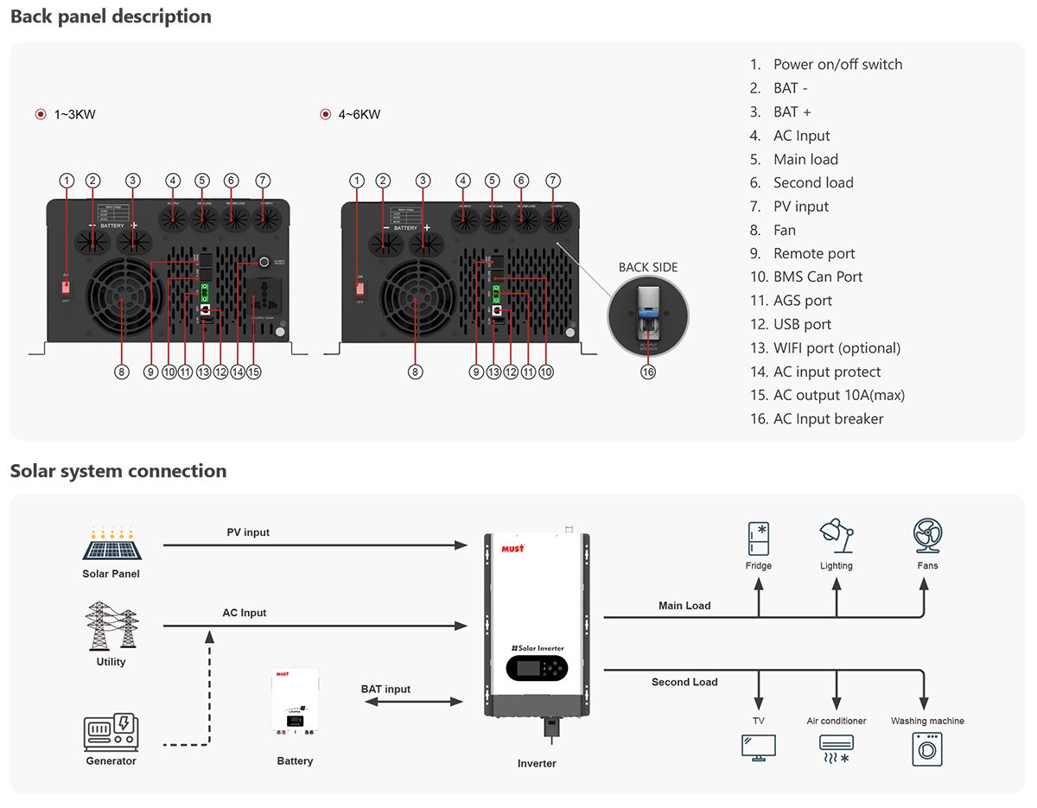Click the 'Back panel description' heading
point(111,16)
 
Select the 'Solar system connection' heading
point(118,471)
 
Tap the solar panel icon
point(111,544)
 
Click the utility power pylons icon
point(111,627)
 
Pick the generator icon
point(111,732)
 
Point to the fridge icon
point(758,538)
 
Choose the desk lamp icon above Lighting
point(836,536)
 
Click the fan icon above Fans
point(927,536)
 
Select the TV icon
point(758,748)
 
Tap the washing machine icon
point(927,748)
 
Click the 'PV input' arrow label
point(248,532)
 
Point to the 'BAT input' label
point(385,689)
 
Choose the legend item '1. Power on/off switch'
point(826,65)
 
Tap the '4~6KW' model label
point(359,115)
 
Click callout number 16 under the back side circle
point(648,372)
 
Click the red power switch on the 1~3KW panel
point(66,287)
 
